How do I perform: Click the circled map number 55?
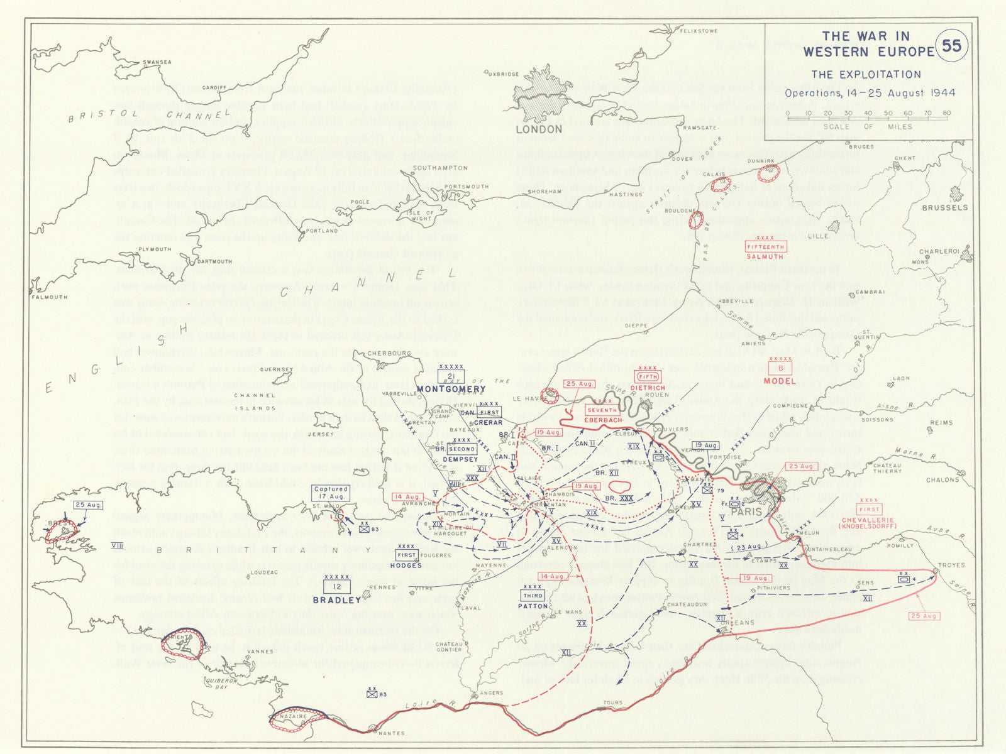[951, 46]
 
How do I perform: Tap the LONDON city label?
[539, 129]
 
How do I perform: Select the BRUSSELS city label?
[944, 208]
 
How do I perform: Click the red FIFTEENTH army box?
[765, 247]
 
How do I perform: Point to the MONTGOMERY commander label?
[451, 389]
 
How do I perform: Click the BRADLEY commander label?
[337, 600]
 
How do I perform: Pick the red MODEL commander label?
[780, 381]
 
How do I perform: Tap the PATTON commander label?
[533, 606]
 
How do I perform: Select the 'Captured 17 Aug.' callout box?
[331, 493]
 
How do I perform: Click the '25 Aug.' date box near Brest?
[88, 505]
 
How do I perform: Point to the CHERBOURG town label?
[389, 354]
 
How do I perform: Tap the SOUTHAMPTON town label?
[440, 168]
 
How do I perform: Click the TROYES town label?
[951, 565]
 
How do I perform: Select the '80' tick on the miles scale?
[947, 113]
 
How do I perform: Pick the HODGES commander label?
[406, 565]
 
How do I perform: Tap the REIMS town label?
[941, 423]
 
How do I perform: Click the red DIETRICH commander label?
[648, 388]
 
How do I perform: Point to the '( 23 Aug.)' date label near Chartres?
[749, 547]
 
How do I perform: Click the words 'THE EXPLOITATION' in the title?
[866, 75]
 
